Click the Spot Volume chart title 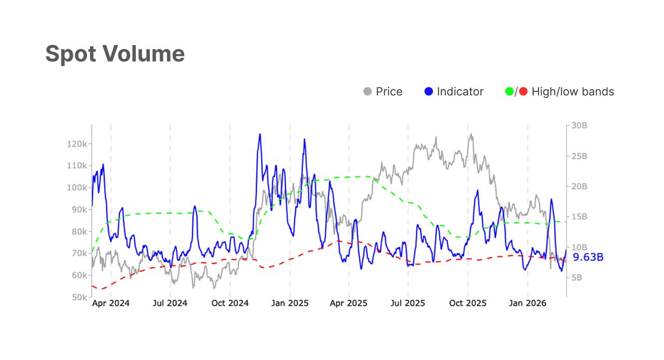pyautogui.click(x=115, y=54)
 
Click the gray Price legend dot pyautogui.click(x=367, y=92)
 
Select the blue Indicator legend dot pyautogui.click(x=428, y=92)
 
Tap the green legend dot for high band pyautogui.click(x=509, y=92)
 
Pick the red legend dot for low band pyautogui.click(x=523, y=92)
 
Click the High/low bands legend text pyautogui.click(x=573, y=92)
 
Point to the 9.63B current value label pyautogui.click(x=588, y=257)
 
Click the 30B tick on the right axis pyautogui.click(x=579, y=126)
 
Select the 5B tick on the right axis pyautogui.click(x=576, y=278)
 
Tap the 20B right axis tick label pyautogui.click(x=579, y=186)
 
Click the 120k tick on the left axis pyautogui.click(x=77, y=144)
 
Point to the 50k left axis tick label pyautogui.click(x=79, y=297)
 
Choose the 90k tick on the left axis pyautogui.click(x=79, y=210)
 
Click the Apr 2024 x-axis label pyautogui.click(x=110, y=303)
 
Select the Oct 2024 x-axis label pyautogui.click(x=230, y=303)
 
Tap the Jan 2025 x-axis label pyautogui.click(x=289, y=303)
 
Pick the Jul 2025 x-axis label pyautogui.click(x=408, y=303)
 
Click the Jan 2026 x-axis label pyautogui.click(x=528, y=303)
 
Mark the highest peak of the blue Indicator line pyautogui.click(x=259, y=134)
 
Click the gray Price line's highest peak pyautogui.click(x=471, y=134)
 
